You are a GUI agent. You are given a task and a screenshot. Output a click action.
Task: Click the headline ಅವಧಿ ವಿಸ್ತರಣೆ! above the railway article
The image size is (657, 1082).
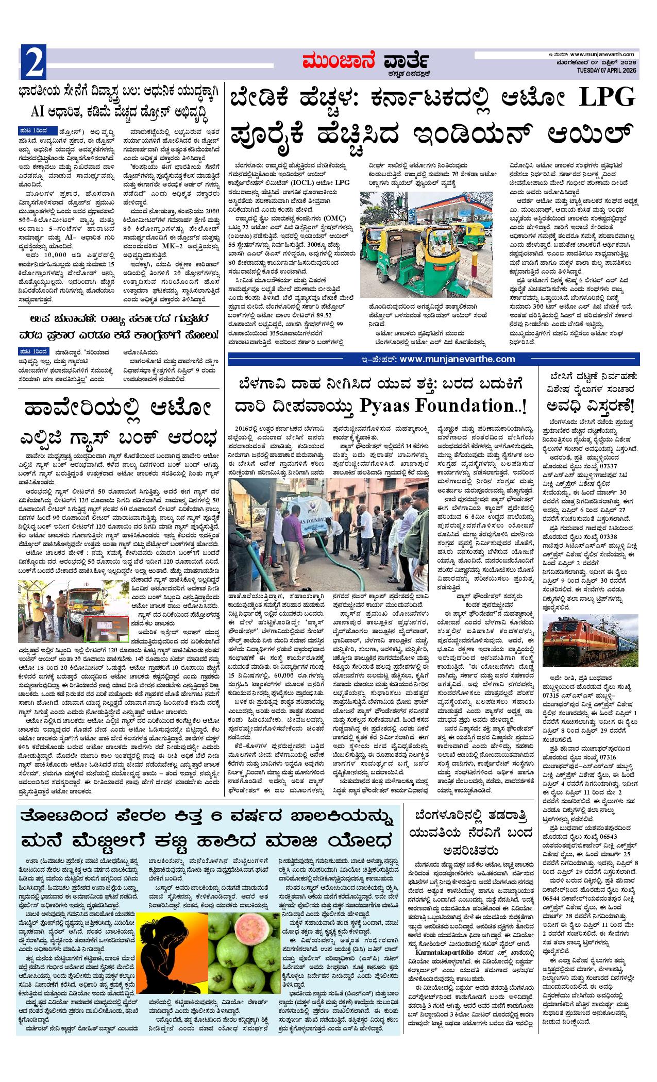tap(588, 407)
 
